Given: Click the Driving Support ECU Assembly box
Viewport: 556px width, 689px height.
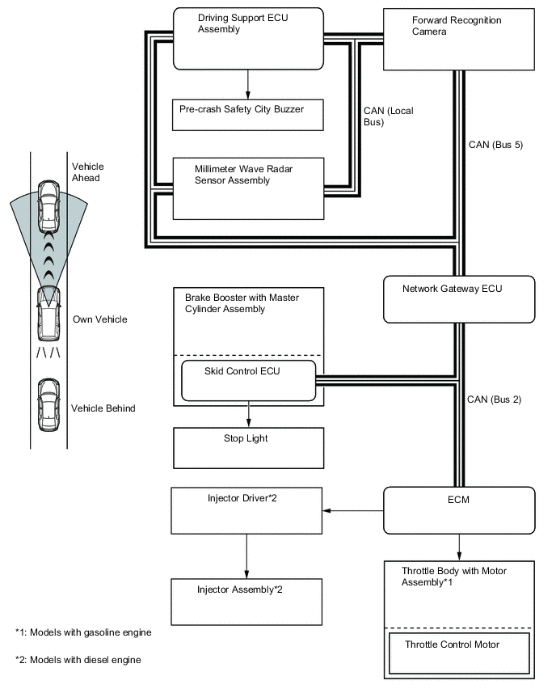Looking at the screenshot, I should pyautogui.click(x=248, y=38).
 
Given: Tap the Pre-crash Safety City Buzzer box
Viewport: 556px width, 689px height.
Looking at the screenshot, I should pyautogui.click(x=248, y=114).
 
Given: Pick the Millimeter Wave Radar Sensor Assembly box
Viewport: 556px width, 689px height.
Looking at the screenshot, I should pyautogui.click(x=248, y=188).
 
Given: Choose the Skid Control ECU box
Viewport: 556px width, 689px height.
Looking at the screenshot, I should pyautogui.click(x=248, y=380).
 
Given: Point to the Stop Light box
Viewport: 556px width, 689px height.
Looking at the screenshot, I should pyautogui.click(x=248, y=447).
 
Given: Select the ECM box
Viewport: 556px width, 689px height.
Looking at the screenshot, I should pyautogui.click(x=458, y=510).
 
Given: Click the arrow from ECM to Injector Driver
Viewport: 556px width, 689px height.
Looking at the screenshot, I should pyautogui.click(x=352, y=510).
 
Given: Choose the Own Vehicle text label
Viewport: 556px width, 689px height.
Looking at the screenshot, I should pyautogui.click(x=100, y=319).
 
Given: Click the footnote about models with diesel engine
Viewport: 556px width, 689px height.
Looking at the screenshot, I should pyautogui.click(x=78, y=660).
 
